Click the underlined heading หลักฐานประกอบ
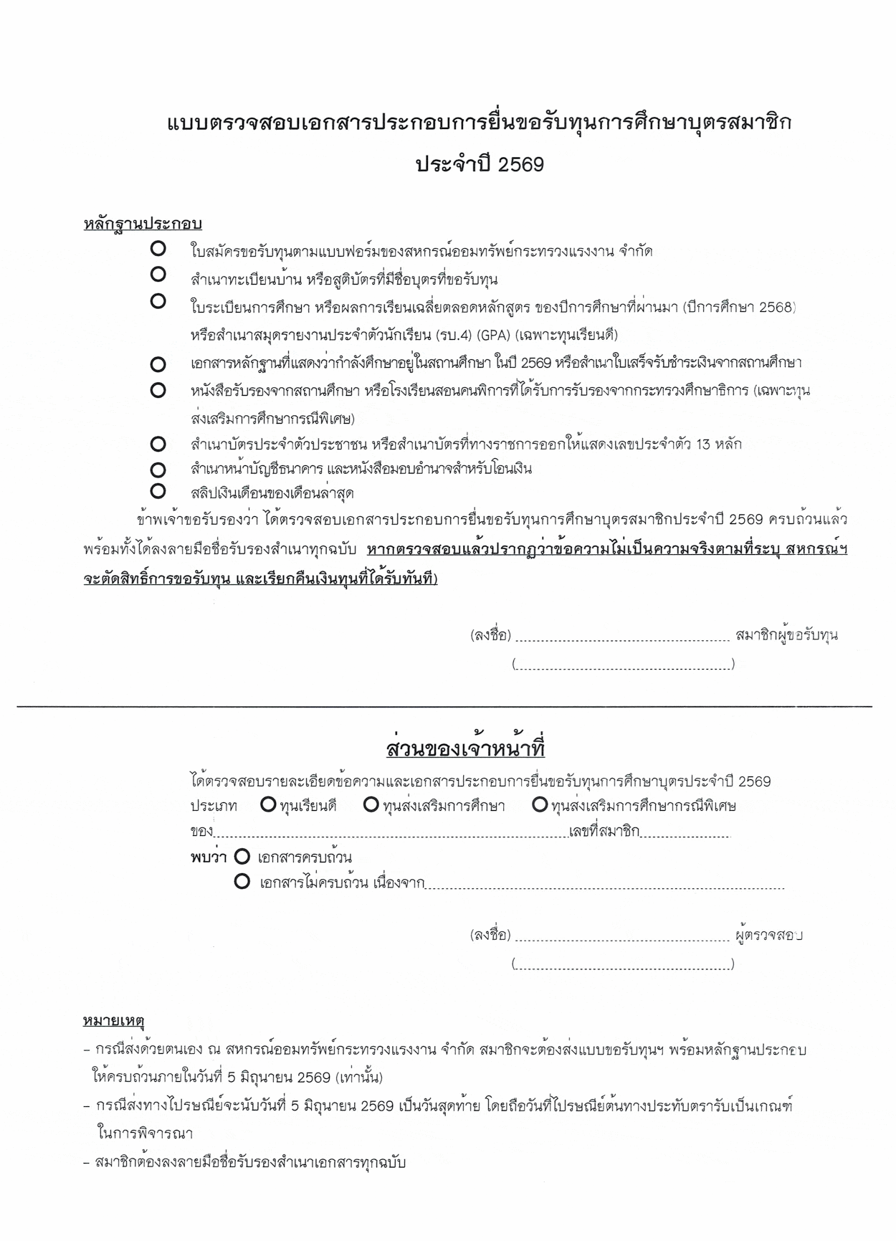click(x=142, y=224)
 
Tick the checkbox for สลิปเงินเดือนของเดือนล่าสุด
click(x=158, y=491)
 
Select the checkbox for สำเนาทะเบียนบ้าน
click(x=158, y=274)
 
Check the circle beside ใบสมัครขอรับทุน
click(x=158, y=249)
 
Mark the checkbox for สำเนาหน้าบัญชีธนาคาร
click(x=158, y=470)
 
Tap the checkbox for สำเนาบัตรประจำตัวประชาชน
click(x=158, y=444)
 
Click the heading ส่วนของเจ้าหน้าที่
click(x=465, y=749)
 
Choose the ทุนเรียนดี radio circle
click(x=269, y=805)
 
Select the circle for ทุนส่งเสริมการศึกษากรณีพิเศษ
click(x=540, y=805)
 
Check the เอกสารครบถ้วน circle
click(x=242, y=856)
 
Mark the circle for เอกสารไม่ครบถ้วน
click(x=242, y=881)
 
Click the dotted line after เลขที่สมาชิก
click(x=685, y=834)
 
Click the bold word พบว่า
click(x=209, y=857)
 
